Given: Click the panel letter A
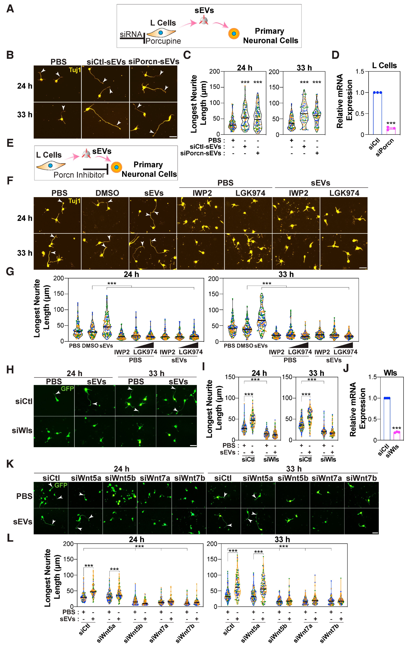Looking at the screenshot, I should [10, 9].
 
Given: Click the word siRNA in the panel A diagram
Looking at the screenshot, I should [131, 34].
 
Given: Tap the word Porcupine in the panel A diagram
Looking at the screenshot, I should [163, 41].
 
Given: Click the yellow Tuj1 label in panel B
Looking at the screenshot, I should [75, 70].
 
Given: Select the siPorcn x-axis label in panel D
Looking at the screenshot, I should [385, 147].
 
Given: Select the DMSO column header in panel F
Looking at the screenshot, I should [107, 193].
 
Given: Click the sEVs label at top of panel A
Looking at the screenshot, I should [204, 10].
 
